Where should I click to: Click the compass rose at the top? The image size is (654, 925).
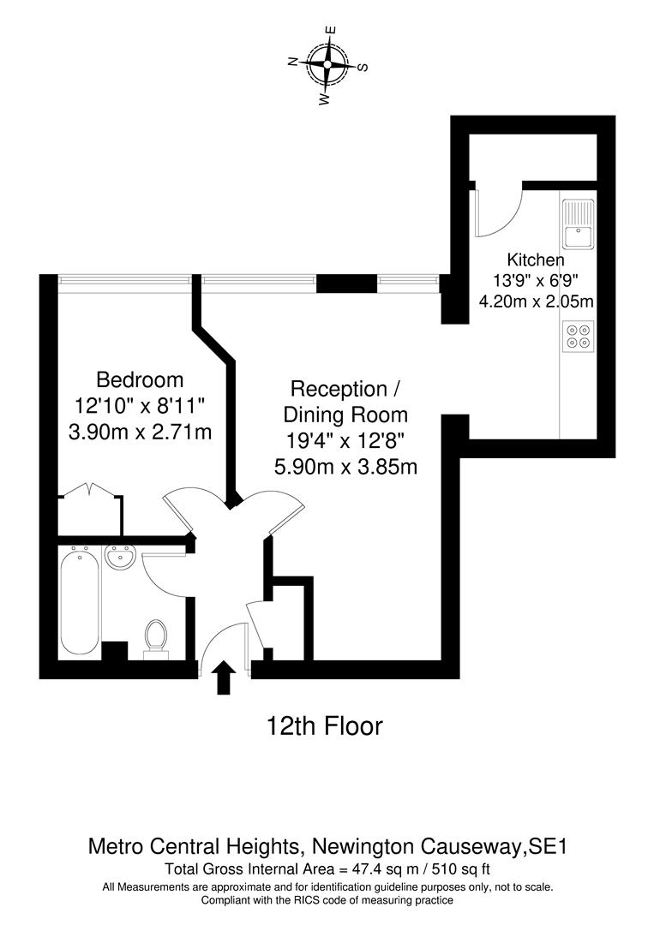click(327, 65)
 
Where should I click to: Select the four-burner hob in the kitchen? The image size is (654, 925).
click(578, 336)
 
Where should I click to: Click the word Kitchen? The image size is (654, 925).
click(536, 260)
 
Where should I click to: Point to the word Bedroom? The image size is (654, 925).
click(140, 379)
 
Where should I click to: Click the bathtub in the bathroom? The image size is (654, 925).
click(79, 601)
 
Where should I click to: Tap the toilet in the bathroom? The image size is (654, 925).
click(156, 638)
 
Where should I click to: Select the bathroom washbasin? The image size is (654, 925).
click(120, 559)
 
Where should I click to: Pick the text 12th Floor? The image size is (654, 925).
click(324, 727)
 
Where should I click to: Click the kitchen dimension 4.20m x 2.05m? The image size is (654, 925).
click(537, 301)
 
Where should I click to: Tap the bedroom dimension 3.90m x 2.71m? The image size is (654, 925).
click(140, 433)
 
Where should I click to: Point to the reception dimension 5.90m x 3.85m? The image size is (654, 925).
click(345, 467)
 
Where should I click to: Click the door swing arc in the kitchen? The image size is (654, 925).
click(506, 214)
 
